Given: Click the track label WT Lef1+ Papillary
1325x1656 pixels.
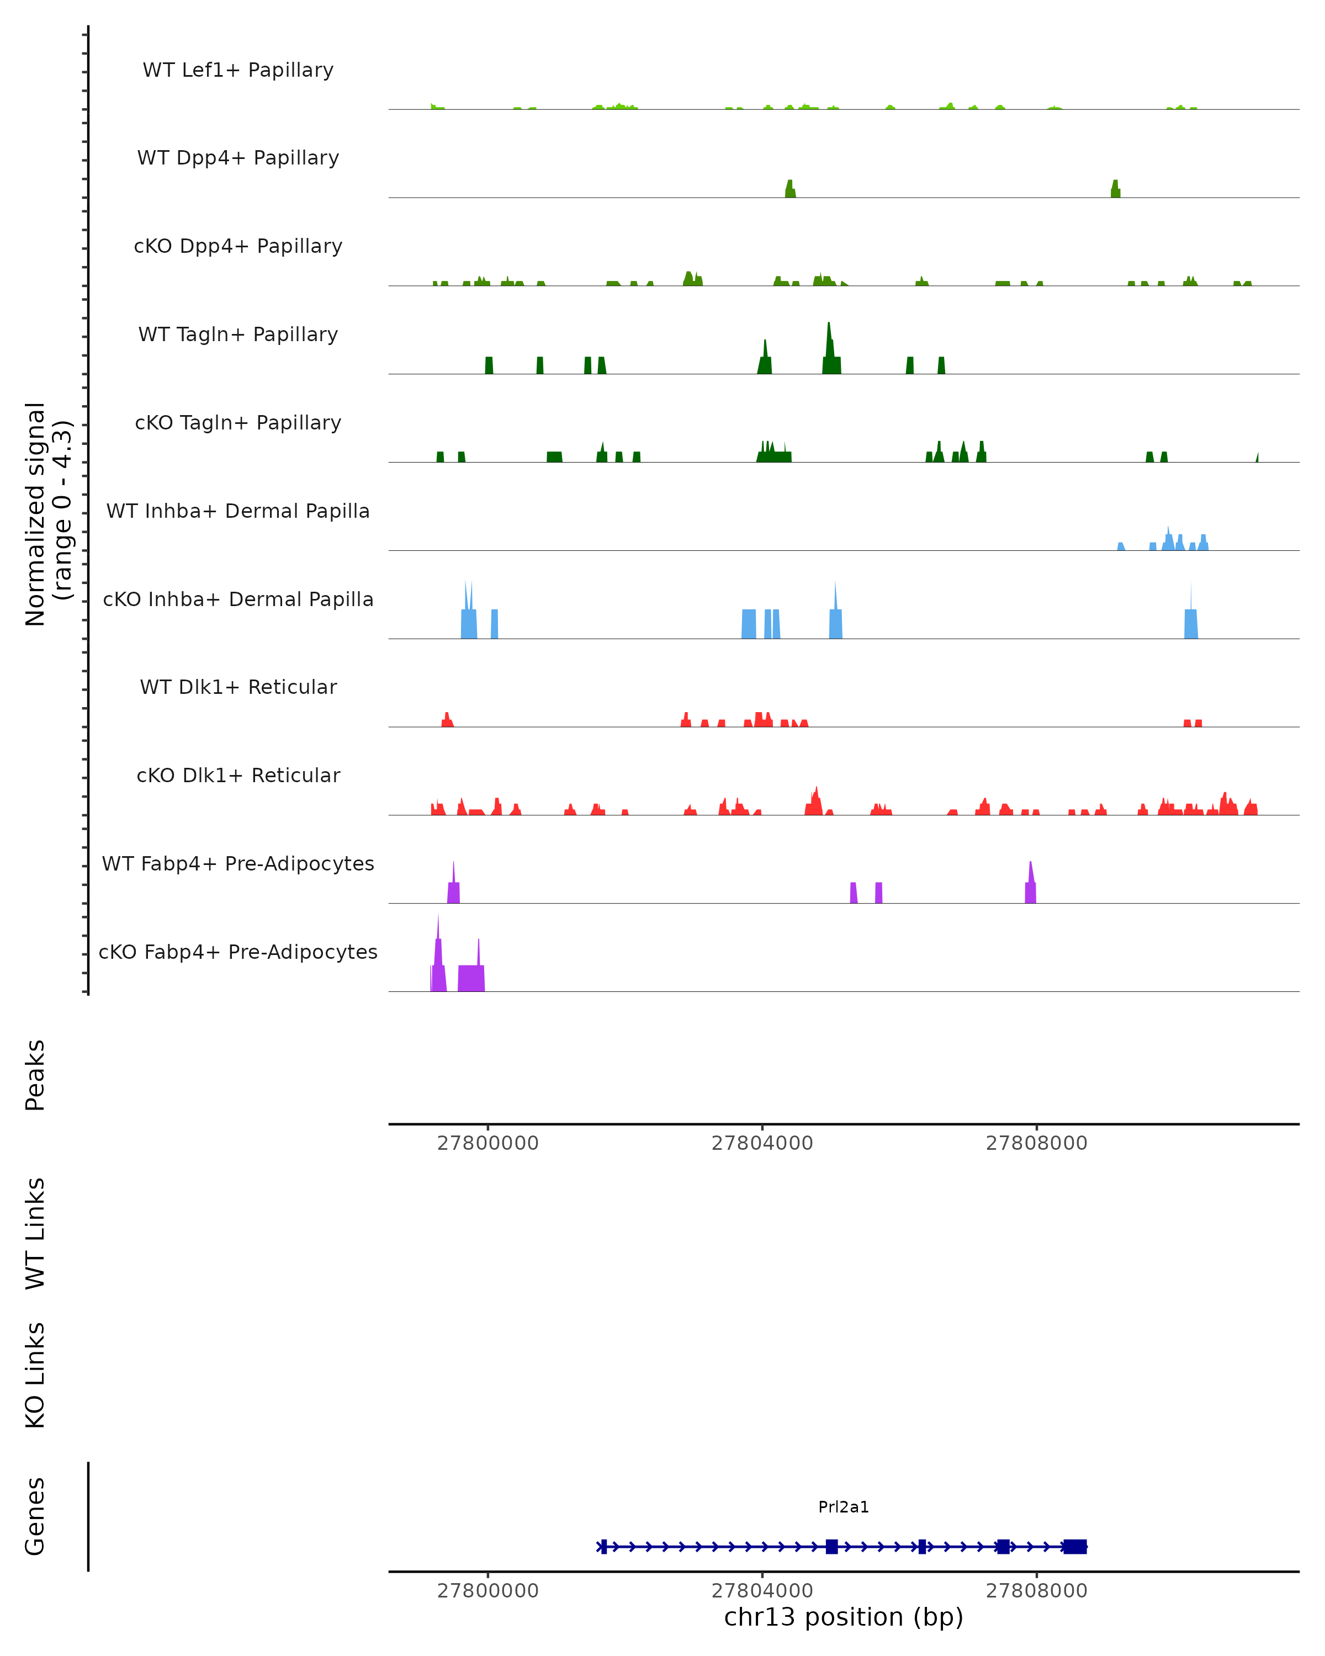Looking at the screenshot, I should point(238,70).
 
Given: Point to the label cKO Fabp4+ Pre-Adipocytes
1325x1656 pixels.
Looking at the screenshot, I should point(238,952).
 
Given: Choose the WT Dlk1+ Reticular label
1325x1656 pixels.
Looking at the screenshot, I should point(238,687).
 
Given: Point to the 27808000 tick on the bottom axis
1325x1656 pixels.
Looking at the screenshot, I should point(1036,1591).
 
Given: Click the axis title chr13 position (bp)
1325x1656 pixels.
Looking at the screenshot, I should point(844,1617).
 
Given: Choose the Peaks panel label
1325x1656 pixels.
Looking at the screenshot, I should point(35,1075).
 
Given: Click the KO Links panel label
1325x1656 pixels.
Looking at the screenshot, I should point(35,1375).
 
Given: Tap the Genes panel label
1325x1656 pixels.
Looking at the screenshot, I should point(35,1516).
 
